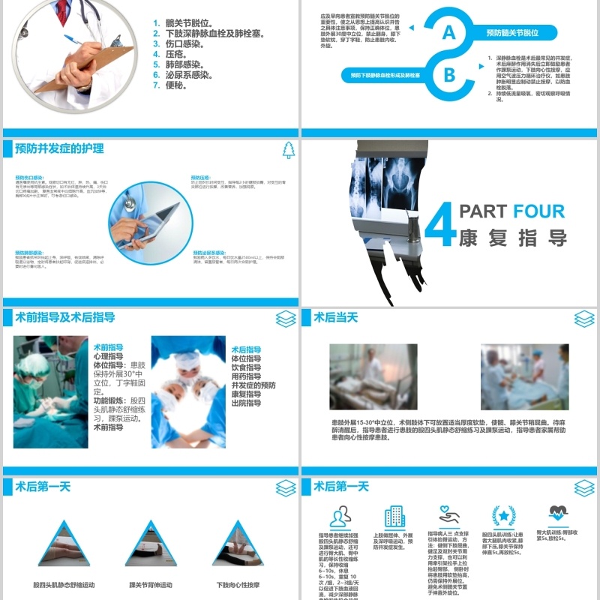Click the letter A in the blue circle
click(x=449, y=33)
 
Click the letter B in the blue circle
click(x=449, y=74)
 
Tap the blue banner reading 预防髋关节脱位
click(x=512, y=33)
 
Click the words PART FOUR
click(x=512, y=211)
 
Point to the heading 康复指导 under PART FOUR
click(x=512, y=238)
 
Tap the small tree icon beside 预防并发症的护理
click(x=289, y=150)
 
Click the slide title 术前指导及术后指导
click(x=65, y=318)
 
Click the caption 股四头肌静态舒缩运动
click(x=64, y=584)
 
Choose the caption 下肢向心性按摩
click(x=238, y=584)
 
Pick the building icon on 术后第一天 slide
click(x=394, y=517)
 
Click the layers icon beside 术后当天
click(x=586, y=319)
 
